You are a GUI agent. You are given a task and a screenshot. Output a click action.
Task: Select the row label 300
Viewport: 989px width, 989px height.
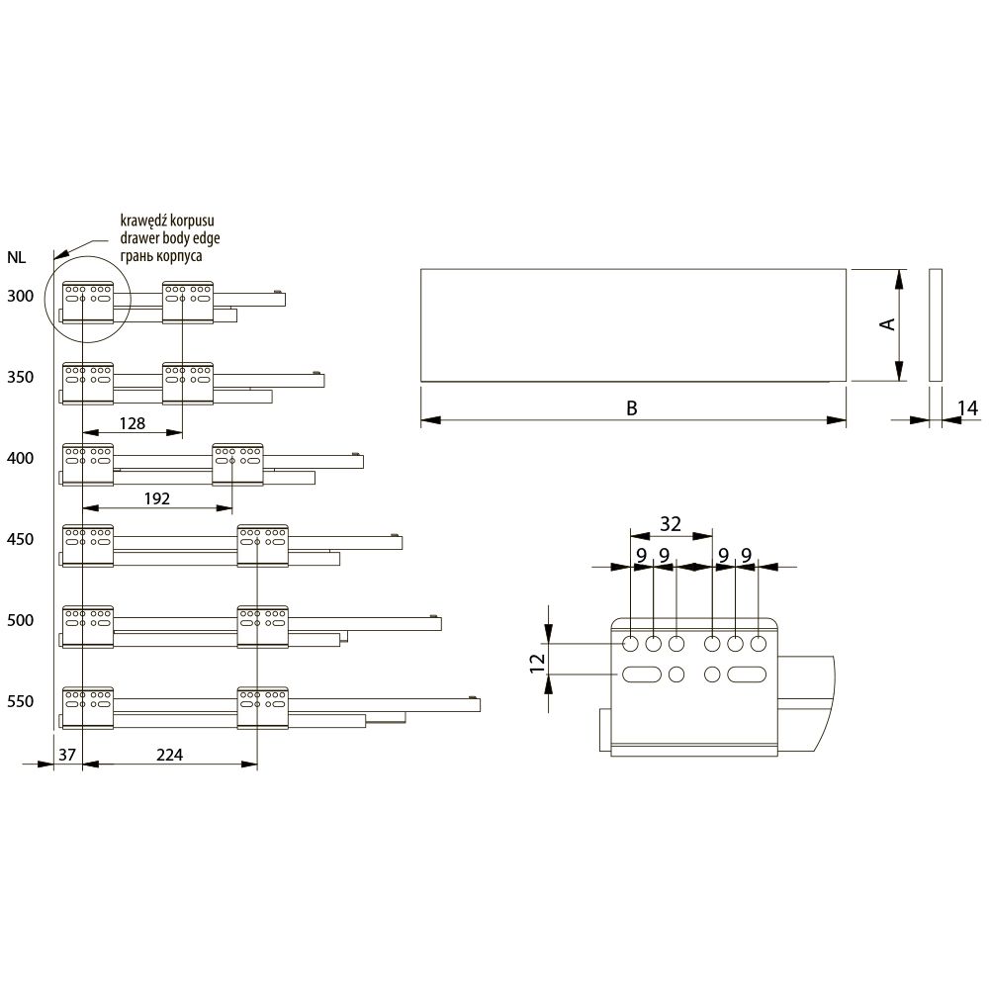[20, 296]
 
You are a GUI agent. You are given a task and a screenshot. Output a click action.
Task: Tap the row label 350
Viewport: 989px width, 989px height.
[20, 377]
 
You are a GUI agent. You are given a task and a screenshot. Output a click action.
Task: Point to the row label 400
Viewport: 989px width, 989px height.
[20, 458]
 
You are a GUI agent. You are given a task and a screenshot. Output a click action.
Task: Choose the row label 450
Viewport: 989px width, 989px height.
[20, 539]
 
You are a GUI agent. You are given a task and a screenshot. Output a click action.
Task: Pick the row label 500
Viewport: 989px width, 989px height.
[20, 620]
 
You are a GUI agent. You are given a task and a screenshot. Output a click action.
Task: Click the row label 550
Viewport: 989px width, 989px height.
[20, 701]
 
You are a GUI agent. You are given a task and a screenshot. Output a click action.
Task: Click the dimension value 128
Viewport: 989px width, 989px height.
[132, 423]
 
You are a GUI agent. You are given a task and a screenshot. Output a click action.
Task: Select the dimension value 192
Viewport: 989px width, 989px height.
[156, 499]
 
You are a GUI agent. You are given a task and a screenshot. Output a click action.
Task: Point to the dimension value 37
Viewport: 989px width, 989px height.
[67, 754]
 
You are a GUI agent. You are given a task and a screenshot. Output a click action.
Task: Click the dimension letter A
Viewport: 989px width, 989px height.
[887, 324]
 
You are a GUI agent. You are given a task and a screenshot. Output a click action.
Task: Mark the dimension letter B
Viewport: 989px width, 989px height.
[633, 407]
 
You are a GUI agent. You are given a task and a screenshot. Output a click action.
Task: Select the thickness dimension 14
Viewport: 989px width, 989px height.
[967, 407]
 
